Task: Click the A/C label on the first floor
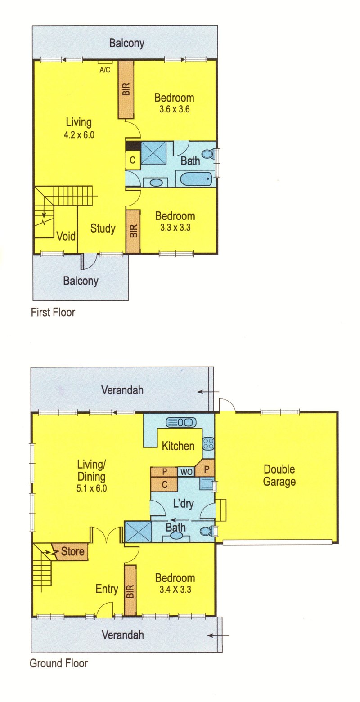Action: (105, 70)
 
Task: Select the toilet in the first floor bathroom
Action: (207, 153)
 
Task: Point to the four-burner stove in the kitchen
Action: (208, 444)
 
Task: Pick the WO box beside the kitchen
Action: (186, 472)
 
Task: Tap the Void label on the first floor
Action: (66, 236)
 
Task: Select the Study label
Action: (103, 228)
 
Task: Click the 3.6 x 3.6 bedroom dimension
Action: (174, 109)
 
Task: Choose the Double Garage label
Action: (279, 475)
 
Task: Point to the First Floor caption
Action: (53, 312)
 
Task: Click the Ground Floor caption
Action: (58, 663)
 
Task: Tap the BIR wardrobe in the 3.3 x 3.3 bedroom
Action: (133, 231)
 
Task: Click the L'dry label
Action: (184, 504)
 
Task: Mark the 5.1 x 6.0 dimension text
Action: (91, 488)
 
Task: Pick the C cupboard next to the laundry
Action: (164, 485)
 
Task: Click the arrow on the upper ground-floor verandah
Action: (208, 392)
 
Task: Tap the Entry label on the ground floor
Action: (107, 589)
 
